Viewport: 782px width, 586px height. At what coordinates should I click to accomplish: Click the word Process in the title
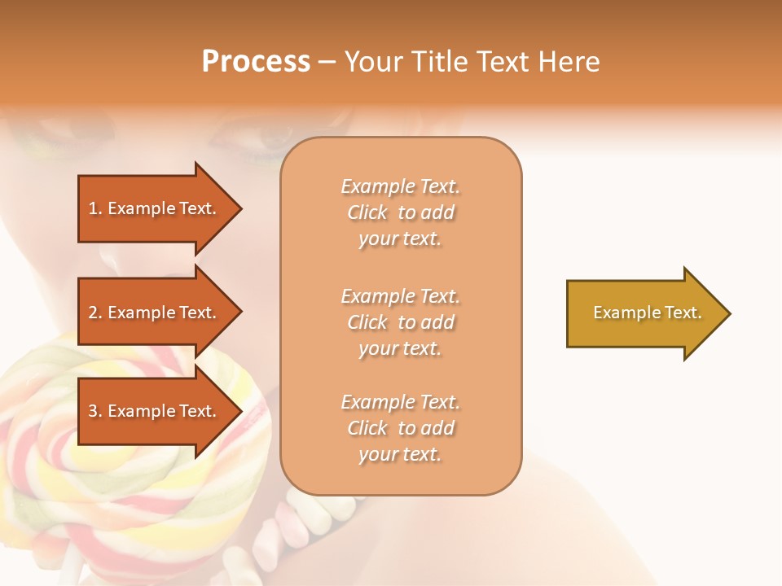coord(256,62)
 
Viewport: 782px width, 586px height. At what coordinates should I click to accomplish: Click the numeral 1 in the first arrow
coord(92,208)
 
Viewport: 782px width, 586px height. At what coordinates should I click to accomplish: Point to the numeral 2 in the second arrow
coord(93,313)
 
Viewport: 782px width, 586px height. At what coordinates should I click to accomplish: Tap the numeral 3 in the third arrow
coord(93,411)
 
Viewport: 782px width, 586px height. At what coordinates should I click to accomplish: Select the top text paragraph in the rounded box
coord(400,212)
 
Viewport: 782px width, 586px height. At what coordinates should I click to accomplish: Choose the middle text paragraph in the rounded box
coord(400,322)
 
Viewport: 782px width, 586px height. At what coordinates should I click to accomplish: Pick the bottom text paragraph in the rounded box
coord(400,428)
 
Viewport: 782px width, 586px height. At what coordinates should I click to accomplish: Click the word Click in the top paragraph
coord(367,212)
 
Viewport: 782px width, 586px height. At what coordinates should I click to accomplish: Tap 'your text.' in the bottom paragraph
coord(400,454)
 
